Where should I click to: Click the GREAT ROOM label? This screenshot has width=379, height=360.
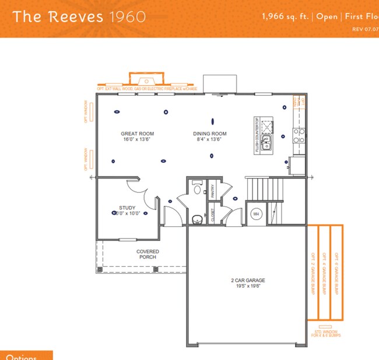click(132, 134)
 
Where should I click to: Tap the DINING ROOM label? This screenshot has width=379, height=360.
click(210, 134)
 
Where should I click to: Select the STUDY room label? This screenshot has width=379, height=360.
click(127, 207)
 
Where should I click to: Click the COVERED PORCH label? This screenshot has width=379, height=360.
click(148, 254)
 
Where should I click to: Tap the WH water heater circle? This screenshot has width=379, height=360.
click(255, 214)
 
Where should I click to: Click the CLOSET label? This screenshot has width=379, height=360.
click(213, 214)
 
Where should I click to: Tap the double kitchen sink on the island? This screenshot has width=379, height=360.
click(266, 143)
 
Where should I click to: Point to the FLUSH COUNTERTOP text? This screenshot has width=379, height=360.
click(257, 135)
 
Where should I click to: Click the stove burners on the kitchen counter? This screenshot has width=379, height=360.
click(298, 136)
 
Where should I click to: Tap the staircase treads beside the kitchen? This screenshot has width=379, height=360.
click(261, 189)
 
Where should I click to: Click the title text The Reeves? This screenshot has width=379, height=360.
click(57, 16)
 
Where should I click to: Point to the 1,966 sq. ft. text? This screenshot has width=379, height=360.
click(286, 16)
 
